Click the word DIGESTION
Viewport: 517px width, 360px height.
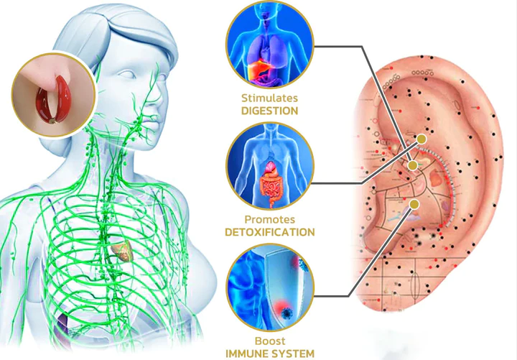click(x=270, y=111)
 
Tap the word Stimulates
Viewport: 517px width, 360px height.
click(x=270, y=98)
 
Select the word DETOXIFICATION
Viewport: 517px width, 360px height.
click(x=270, y=232)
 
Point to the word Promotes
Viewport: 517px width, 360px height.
click(x=270, y=219)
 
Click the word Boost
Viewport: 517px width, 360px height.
click(x=270, y=341)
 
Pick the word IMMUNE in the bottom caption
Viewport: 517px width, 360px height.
click(x=246, y=354)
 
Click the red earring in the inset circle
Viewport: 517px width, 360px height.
click(x=54, y=100)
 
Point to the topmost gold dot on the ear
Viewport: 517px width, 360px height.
click(x=421, y=139)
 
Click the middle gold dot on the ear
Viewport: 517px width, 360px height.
click(x=412, y=165)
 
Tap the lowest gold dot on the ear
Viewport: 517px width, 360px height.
click(x=414, y=205)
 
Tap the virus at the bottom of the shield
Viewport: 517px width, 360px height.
click(x=286, y=313)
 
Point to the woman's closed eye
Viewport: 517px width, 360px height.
click(x=127, y=74)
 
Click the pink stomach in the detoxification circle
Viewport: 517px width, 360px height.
click(x=270, y=167)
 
